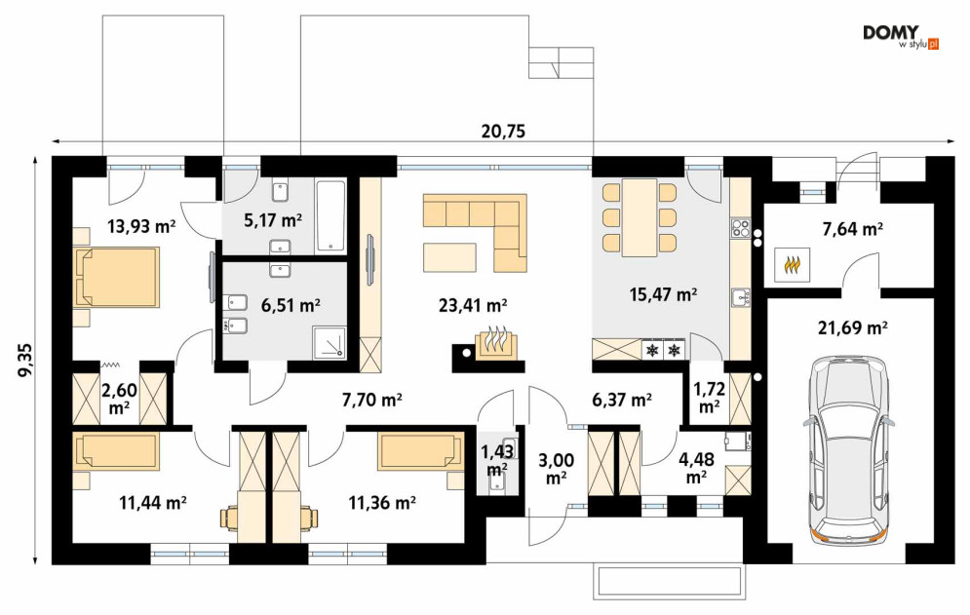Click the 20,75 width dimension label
502,132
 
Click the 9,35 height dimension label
25,361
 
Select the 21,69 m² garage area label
853,327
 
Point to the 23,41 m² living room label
473,305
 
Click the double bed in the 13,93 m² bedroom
116,277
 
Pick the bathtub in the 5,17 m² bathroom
330,216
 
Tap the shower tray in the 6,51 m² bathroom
330,342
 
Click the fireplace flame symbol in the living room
494,341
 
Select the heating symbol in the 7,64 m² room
792,265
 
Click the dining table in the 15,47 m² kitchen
640,217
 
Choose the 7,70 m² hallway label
372,400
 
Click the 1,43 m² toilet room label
497,461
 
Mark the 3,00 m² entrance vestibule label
556,469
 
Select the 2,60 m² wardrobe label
119,399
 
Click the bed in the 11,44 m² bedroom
116,451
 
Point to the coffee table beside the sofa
449,257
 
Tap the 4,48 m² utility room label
697,469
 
